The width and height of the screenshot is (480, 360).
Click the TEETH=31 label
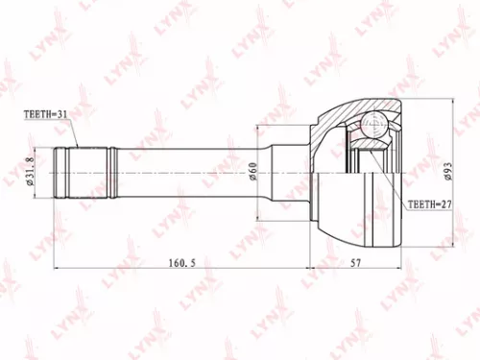pyautogui.click(x=47, y=114)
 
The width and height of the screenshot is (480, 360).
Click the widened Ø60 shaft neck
pyautogui.click(x=288, y=172)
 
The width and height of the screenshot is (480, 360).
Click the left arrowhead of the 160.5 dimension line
pyautogui.click(x=58, y=268)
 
